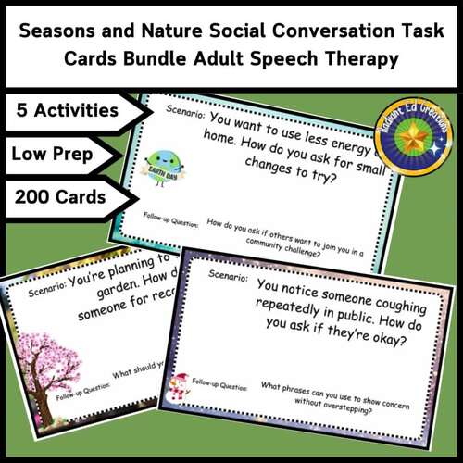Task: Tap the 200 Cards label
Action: [x=60, y=196]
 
